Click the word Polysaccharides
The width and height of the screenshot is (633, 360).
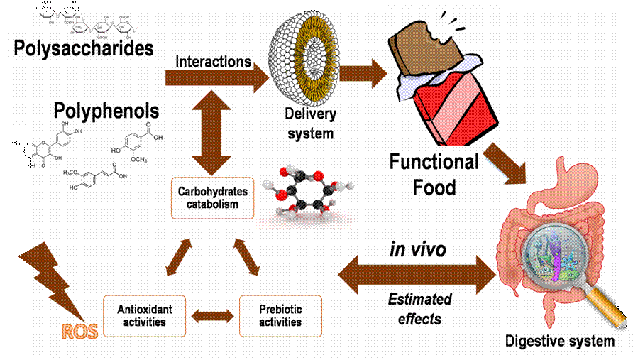click(x=84, y=48)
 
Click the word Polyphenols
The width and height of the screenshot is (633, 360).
click(x=106, y=111)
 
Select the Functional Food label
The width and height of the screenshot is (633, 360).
click(x=434, y=175)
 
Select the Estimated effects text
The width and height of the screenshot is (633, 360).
click(x=419, y=309)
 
